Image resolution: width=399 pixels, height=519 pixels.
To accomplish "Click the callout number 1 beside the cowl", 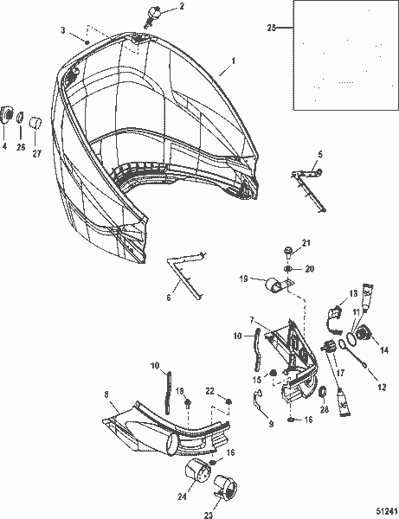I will point(231,62).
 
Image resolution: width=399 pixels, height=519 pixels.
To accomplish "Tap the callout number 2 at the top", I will point(181,6).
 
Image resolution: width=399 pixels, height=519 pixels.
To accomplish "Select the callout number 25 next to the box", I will point(272,29).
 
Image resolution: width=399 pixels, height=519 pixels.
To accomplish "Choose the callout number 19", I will point(245,279).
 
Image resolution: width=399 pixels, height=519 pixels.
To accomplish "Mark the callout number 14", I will point(384,351).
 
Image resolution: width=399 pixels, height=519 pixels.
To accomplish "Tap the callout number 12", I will point(382,388).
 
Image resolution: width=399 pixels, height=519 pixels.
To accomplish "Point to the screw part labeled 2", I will point(159,14).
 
